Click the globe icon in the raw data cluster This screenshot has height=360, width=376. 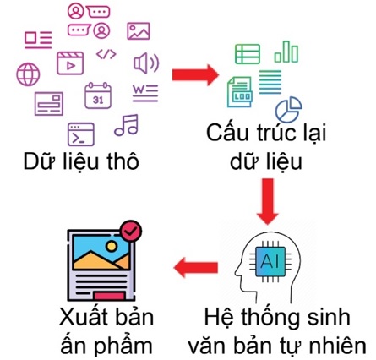click(x=28, y=74)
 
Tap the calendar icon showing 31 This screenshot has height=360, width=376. click(x=98, y=95)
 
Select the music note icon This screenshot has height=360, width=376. click(x=127, y=125)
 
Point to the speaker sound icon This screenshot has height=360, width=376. click(x=146, y=63)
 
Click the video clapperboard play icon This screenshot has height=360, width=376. click(x=70, y=63)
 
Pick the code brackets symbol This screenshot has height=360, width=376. click(x=106, y=54)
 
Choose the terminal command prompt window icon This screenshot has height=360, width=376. click(x=81, y=134)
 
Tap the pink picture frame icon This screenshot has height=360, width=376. click(x=139, y=31)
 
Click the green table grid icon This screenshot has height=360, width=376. click(x=248, y=54)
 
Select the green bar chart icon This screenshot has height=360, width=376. click(x=286, y=52)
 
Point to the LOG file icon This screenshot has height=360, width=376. click(x=240, y=92)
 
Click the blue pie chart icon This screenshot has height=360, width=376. click(x=289, y=109)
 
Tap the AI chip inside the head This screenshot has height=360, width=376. click(x=270, y=262)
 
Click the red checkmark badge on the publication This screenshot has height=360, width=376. click(x=131, y=231)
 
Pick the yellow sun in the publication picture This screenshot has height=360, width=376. click(x=112, y=246)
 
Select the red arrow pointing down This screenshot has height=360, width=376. click(x=268, y=201)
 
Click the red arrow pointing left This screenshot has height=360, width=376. click(x=196, y=267)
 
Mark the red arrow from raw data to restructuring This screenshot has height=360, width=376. click(x=195, y=75)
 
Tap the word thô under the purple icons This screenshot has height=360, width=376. click(x=123, y=161)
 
